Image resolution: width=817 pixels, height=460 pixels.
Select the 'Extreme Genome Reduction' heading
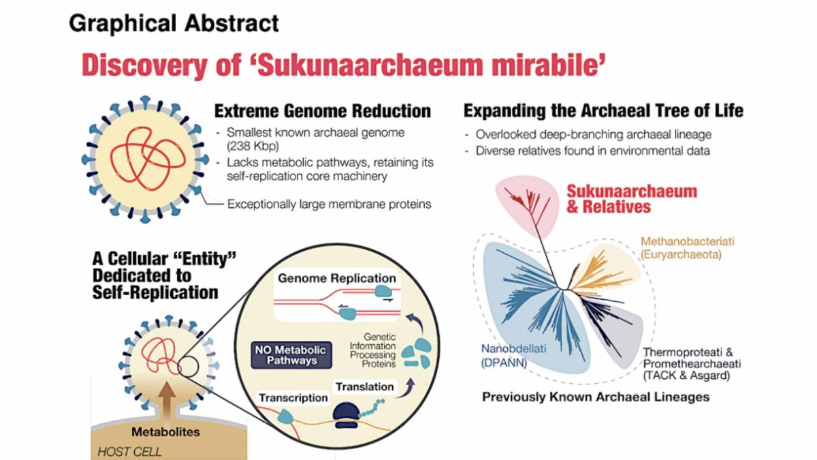[x=323, y=111]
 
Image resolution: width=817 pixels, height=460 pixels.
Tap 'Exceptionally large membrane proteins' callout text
[x=329, y=204]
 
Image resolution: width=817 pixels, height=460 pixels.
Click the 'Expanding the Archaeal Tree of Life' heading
[x=603, y=110]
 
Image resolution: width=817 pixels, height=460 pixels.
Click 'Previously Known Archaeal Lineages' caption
[x=596, y=397]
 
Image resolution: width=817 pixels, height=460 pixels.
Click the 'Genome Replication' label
[x=336, y=279]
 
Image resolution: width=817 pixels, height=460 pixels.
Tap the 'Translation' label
[x=364, y=386]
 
